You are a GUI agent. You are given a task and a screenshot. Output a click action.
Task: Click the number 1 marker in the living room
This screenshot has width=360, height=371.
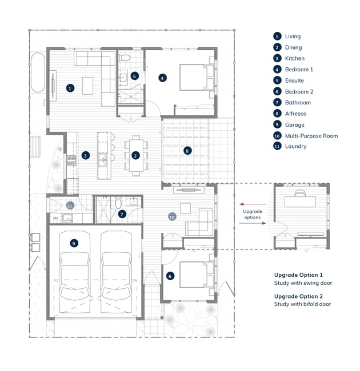tap(70, 88)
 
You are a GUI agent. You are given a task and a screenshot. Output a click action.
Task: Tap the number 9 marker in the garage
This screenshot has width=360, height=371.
tap(74, 243)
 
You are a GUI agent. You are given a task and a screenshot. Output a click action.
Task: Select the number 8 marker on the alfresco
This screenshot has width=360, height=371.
tap(187, 151)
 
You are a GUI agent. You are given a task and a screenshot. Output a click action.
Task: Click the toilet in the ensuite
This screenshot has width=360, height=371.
tap(125, 57)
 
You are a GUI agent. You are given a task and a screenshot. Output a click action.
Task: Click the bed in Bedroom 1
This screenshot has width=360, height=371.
tap(197, 78)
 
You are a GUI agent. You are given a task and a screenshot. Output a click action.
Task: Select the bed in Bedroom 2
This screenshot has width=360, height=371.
tap(197, 275)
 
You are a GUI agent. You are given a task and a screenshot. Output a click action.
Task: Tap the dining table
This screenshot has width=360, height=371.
tap(136, 155)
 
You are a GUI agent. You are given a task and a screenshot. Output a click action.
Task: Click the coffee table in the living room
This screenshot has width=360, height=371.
tap(87, 86)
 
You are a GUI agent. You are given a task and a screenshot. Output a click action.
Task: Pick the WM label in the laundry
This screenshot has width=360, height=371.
tap(55, 218)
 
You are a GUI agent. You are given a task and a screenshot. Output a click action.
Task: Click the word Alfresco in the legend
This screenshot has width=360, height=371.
tap(295, 114)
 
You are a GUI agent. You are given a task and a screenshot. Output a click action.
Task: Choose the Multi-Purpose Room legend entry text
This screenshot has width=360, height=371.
tap(311, 136)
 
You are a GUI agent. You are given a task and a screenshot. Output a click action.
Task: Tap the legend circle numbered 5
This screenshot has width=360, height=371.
tap(277, 80)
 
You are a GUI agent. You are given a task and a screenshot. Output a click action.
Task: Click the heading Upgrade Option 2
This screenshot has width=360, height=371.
tap(298, 296)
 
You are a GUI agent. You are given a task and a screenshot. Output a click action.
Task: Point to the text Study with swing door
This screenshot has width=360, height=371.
tap(303, 283)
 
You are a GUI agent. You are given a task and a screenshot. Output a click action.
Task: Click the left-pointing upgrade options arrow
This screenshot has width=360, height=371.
tap(253, 204)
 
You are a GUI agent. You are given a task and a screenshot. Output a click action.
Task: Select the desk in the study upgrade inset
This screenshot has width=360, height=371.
tap(300, 202)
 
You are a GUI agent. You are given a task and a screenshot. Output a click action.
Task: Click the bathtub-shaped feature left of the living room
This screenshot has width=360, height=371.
tap(38, 72)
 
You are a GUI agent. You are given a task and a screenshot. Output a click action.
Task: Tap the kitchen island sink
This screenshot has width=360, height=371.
tap(102, 159)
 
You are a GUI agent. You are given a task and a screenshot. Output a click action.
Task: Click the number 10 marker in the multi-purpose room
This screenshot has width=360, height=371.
tap(172, 217)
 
